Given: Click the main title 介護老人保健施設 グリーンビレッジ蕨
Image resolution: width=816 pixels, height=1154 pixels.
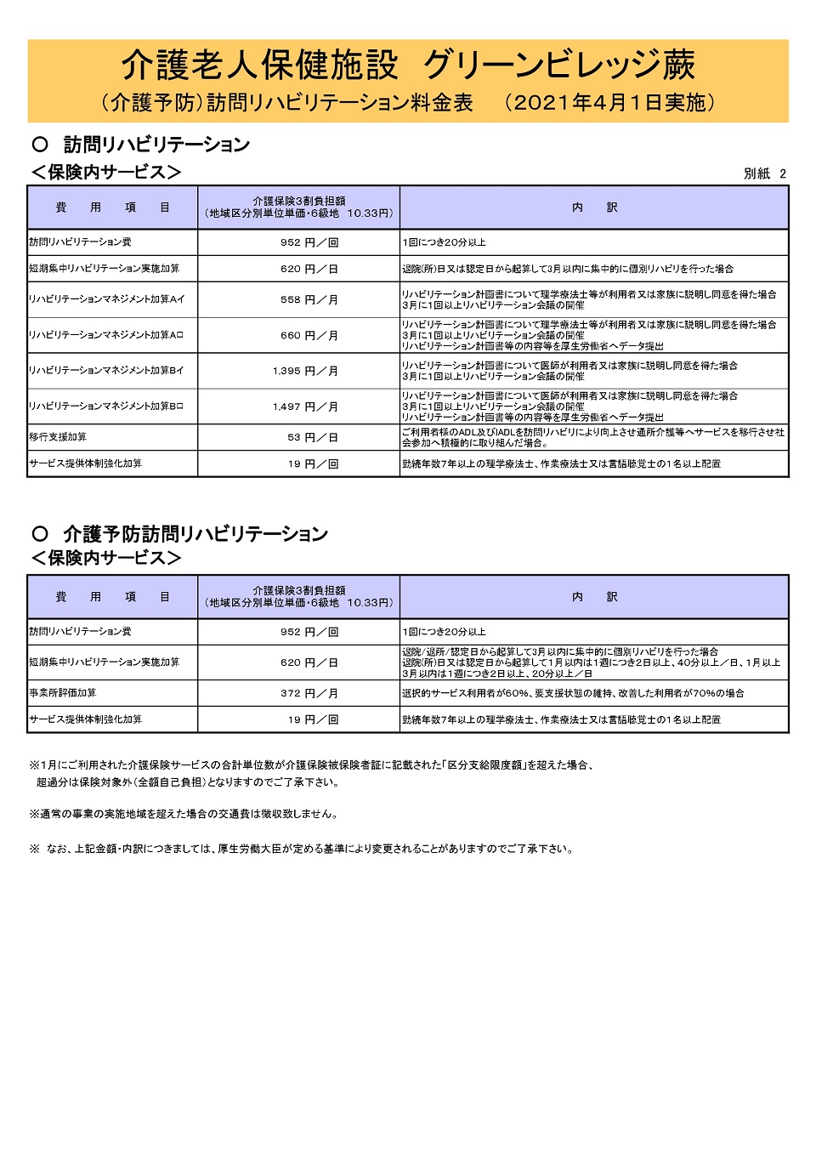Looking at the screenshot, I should tap(408, 65).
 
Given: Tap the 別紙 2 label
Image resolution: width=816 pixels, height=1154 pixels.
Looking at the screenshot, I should tap(764, 173).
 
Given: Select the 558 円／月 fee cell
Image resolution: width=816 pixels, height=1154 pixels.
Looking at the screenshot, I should tap(309, 300).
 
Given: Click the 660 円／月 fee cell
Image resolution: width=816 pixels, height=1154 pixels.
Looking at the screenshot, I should tap(309, 336).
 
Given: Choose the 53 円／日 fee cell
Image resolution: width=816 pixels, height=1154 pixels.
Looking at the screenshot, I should tap(312, 438).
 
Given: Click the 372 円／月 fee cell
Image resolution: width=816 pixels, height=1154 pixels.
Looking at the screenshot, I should tap(309, 694).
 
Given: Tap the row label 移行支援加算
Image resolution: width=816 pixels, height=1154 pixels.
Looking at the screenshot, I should tap(58, 437).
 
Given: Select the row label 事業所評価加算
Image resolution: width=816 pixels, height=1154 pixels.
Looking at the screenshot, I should tap(63, 693).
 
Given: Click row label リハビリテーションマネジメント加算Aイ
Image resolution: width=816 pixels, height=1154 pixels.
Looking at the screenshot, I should tap(106, 299).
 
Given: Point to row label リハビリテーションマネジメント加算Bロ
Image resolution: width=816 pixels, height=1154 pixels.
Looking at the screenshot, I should tap(106, 406).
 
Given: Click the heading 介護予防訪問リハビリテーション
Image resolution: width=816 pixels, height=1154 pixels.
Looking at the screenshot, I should tap(195, 534).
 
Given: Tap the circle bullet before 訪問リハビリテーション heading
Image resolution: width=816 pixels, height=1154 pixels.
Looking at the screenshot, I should tap(40, 144).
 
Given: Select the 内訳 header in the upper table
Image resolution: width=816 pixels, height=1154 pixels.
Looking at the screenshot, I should tap(594, 207).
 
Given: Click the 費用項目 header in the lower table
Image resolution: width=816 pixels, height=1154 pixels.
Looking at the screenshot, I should tap(112, 597).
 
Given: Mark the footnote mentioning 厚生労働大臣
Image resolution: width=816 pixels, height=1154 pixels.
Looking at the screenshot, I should tap(302, 849).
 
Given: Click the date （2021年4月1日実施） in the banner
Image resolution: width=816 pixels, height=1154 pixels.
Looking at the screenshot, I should tap(609, 103).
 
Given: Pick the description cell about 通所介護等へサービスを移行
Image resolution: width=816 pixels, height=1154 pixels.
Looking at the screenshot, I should tap(593, 437).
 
